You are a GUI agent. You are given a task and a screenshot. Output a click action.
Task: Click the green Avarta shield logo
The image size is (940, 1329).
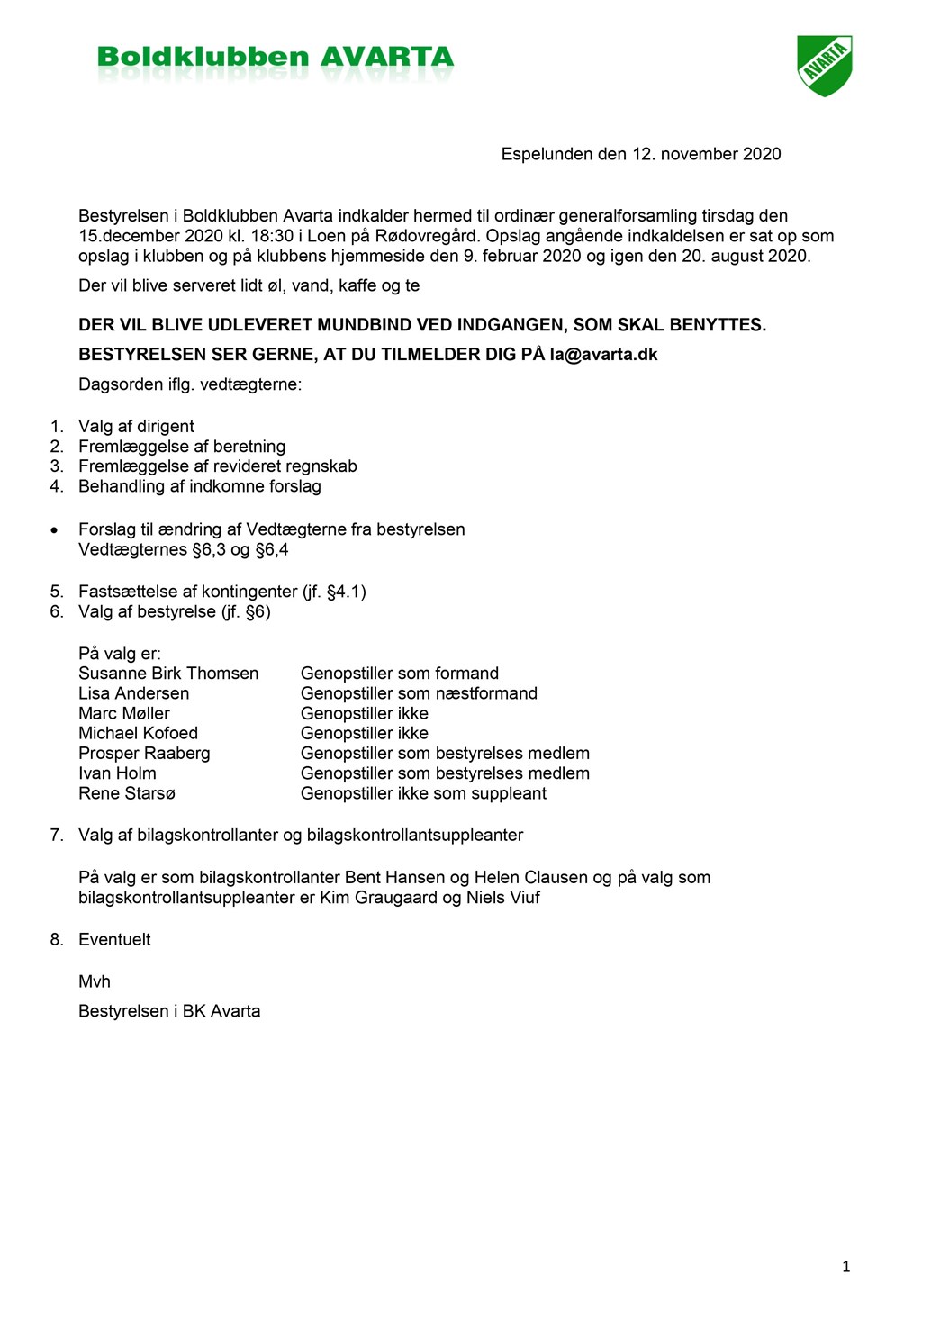coord(824,65)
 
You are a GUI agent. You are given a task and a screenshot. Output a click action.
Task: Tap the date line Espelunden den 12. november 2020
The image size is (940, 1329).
coord(640,154)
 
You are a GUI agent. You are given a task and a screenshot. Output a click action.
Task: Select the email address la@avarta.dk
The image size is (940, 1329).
coord(603,355)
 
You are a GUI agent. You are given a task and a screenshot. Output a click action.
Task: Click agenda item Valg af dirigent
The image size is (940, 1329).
coord(136,427)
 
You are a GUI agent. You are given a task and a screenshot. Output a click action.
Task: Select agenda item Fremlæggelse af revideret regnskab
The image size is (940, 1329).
coord(217,466)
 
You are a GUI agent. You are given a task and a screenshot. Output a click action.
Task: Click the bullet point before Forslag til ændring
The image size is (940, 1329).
coord(55,530)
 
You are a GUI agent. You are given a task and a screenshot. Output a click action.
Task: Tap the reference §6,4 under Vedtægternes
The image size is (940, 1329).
coord(272,550)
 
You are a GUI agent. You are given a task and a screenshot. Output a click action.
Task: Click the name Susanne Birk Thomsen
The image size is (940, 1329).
coord(168,674)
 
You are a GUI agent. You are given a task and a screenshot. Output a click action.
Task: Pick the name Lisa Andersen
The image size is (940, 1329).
coord(133,693)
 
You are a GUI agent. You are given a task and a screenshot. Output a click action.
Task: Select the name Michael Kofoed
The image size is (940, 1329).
coord(138,734)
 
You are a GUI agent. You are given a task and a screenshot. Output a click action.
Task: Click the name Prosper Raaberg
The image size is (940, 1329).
coord(144,754)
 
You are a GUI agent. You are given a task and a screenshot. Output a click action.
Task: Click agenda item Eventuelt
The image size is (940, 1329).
coord(114,940)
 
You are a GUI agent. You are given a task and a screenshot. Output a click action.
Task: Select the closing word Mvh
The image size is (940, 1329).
coord(95,982)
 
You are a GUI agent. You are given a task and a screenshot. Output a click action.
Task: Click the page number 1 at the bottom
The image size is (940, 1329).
coord(845,1267)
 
